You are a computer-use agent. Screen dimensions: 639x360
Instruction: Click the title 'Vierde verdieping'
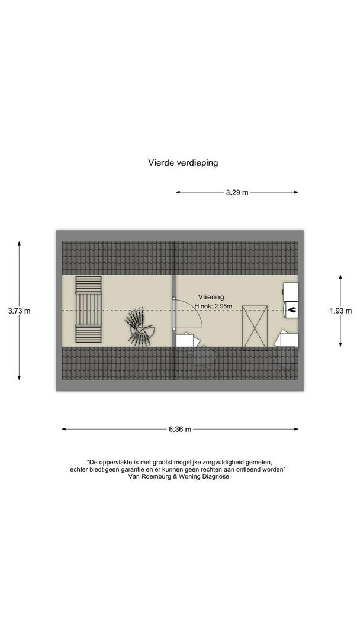coord(182,162)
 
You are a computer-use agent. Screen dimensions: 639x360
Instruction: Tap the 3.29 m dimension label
coord(237,192)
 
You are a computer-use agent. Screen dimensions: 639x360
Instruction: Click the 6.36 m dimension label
coord(180,430)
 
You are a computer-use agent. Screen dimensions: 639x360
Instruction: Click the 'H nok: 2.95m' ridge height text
coord(213,306)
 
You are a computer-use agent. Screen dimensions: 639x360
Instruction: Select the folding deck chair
coord(140,327)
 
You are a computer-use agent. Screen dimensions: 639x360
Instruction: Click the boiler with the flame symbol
coord(291,309)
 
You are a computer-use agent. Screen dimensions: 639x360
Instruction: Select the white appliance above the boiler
coord(291,291)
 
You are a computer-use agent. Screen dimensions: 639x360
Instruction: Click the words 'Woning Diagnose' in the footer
coord(207,476)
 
